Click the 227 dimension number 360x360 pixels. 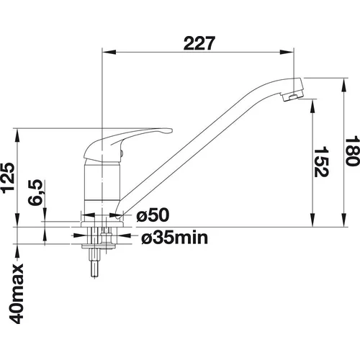tap(199, 43)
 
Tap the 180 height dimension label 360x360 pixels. tap(353, 150)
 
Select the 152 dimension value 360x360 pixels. tap(321, 162)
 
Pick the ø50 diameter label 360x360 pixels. tap(153, 215)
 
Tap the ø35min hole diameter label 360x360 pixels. tap(174, 238)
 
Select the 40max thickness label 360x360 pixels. tap(17, 294)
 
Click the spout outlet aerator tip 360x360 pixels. tap(292, 96)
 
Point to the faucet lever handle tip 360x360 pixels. tap(168, 131)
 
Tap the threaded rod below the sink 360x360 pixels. tap(95, 264)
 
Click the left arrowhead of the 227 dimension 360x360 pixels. tap(109, 52)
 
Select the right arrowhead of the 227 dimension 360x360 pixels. tap(287, 52)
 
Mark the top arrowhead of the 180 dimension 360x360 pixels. tap(345, 84)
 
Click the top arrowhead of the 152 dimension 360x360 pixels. tap(312, 105)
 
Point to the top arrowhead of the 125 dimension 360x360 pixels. tap(17, 135)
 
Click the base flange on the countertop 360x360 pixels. tap(102, 224)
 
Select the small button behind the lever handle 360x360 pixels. tap(122, 153)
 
